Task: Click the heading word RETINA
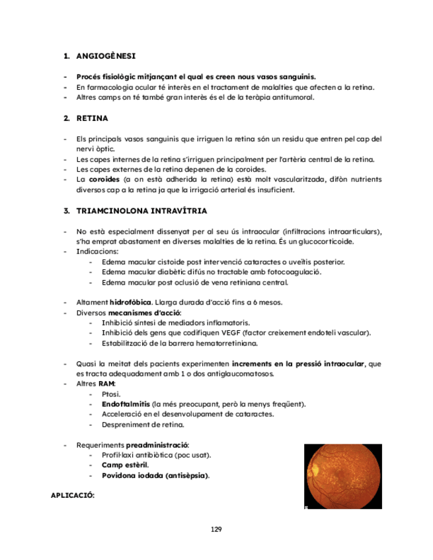93,119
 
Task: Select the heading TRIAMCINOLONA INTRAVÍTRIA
141,211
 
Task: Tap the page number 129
216,530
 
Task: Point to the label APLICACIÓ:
73,495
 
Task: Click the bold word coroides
104,180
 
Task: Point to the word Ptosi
111,394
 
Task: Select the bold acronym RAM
106,384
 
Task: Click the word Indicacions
97,252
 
